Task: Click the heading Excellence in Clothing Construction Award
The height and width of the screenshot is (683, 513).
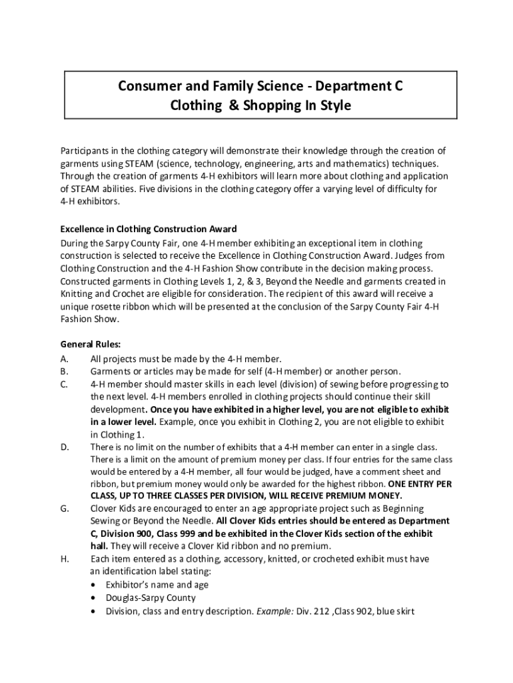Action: coord(149,230)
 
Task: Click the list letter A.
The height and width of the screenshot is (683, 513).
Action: coord(64,359)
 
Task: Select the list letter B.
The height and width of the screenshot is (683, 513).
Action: coord(64,372)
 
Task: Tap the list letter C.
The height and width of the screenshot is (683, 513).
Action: coord(64,384)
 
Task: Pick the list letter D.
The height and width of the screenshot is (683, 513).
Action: coord(65,447)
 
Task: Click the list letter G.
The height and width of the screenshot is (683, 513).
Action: coord(65,509)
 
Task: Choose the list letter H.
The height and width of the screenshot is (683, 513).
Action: coord(65,559)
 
